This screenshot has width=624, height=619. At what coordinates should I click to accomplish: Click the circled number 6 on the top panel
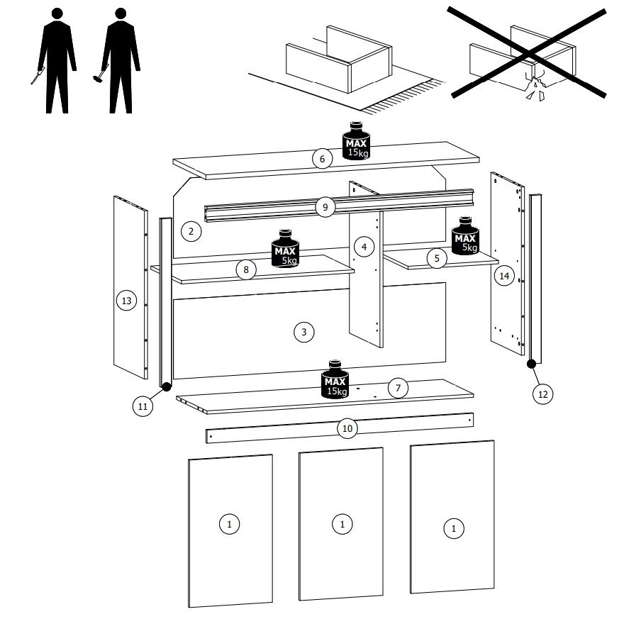tap(322, 159)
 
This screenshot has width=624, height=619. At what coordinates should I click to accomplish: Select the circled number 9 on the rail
tap(325, 207)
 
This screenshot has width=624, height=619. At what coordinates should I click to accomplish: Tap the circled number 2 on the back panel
tap(190, 230)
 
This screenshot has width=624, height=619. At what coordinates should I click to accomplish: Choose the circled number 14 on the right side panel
tap(504, 277)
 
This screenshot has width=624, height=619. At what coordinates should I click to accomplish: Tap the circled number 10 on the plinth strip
tap(346, 428)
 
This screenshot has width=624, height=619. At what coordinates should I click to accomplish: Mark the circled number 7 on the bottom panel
tap(399, 388)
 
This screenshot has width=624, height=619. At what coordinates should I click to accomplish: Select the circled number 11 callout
tap(143, 406)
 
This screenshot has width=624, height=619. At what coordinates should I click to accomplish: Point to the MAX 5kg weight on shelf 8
tap(285, 248)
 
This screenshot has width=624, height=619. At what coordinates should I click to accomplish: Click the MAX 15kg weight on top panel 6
tap(356, 140)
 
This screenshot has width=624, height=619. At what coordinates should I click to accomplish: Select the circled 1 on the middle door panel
tap(342, 524)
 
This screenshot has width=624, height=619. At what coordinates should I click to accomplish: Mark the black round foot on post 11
tap(166, 387)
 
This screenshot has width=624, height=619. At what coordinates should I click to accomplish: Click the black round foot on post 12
tap(530, 364)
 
